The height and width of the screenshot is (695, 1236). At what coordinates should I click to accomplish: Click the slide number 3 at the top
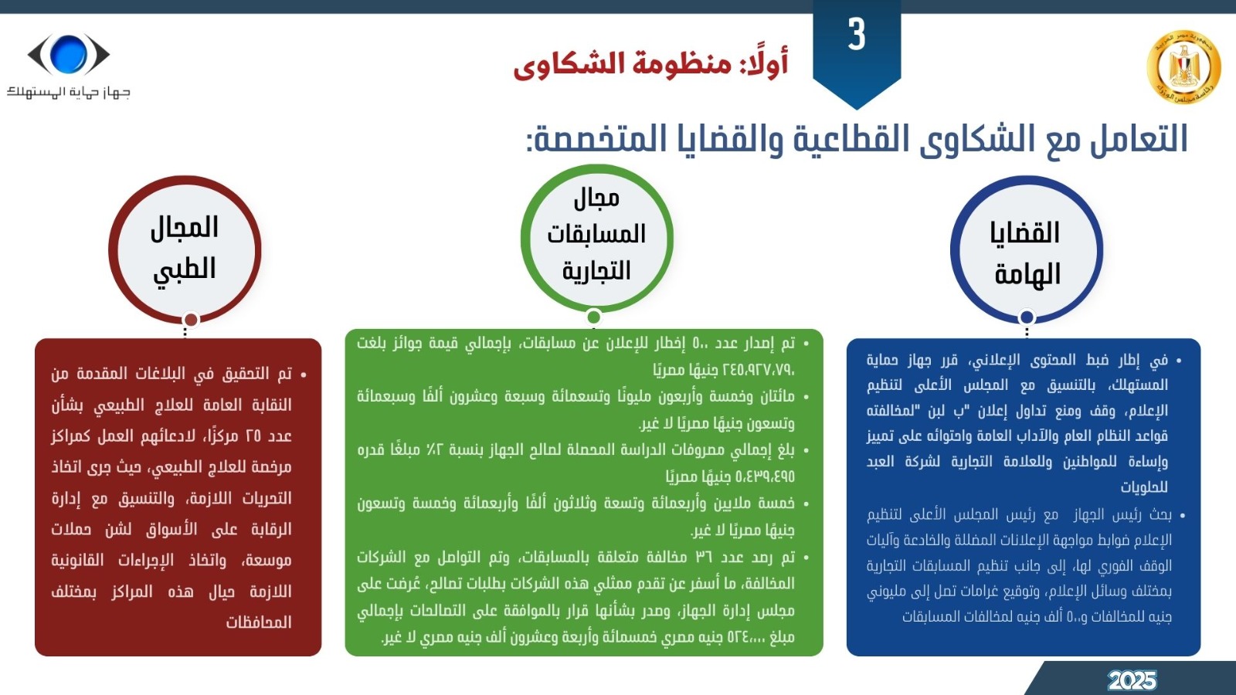point(857,34)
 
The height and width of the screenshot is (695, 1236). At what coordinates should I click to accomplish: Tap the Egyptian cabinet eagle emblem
point(1183,67)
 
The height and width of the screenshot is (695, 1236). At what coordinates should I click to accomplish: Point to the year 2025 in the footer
point(1132,680)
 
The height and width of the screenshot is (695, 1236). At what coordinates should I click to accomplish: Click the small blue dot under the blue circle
point(1027,317)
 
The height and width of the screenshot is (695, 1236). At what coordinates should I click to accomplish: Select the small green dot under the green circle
point(594,317)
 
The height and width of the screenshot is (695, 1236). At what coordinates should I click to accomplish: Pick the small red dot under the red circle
point(191,320)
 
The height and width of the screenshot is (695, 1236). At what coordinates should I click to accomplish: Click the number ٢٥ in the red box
point(253,436)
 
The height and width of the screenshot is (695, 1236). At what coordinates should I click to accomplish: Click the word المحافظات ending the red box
point(258,622)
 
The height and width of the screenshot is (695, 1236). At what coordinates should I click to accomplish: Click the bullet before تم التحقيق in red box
point(304,375)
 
